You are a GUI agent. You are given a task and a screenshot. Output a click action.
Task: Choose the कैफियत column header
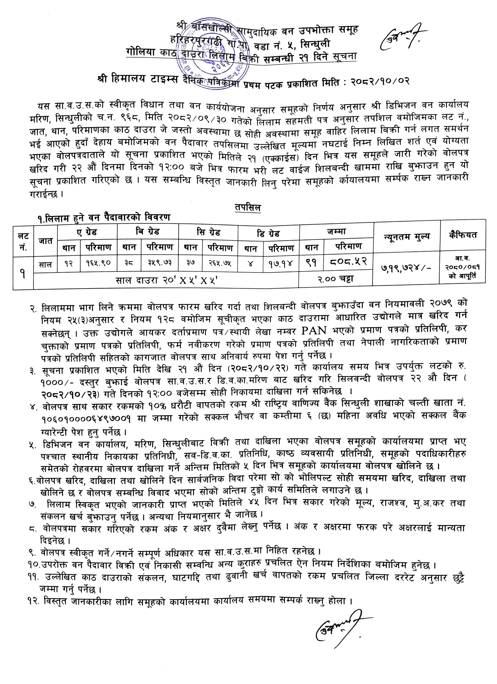click(x=462, y=235)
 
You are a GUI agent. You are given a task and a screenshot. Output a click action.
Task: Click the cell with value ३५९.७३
click(x=160, y=263)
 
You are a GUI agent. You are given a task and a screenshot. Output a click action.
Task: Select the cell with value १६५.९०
click(x=98, y=263)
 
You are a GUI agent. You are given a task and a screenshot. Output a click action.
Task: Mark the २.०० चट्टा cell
click(x=335, y=279)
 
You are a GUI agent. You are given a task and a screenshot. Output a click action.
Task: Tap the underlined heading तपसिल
click(x=248, y=207)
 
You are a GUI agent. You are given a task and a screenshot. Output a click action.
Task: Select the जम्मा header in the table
click(x=336, y=232)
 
